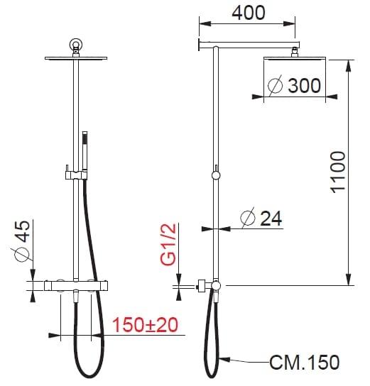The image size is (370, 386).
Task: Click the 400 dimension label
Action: [x=249, y=13]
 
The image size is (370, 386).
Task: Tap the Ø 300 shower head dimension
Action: [x=295, y=85]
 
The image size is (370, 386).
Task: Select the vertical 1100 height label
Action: [x=338, y=172]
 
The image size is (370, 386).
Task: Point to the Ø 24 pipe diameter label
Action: [x=261, y=218]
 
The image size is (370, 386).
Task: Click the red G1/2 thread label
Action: [x=168, y=245]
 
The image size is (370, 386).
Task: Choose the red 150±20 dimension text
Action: [x=145, y=325]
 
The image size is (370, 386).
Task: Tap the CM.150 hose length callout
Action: [x=305, y=362]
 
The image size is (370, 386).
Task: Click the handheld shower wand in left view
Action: [x=85, y=151]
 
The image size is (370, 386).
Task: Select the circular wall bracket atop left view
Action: [x=76, y=44]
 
